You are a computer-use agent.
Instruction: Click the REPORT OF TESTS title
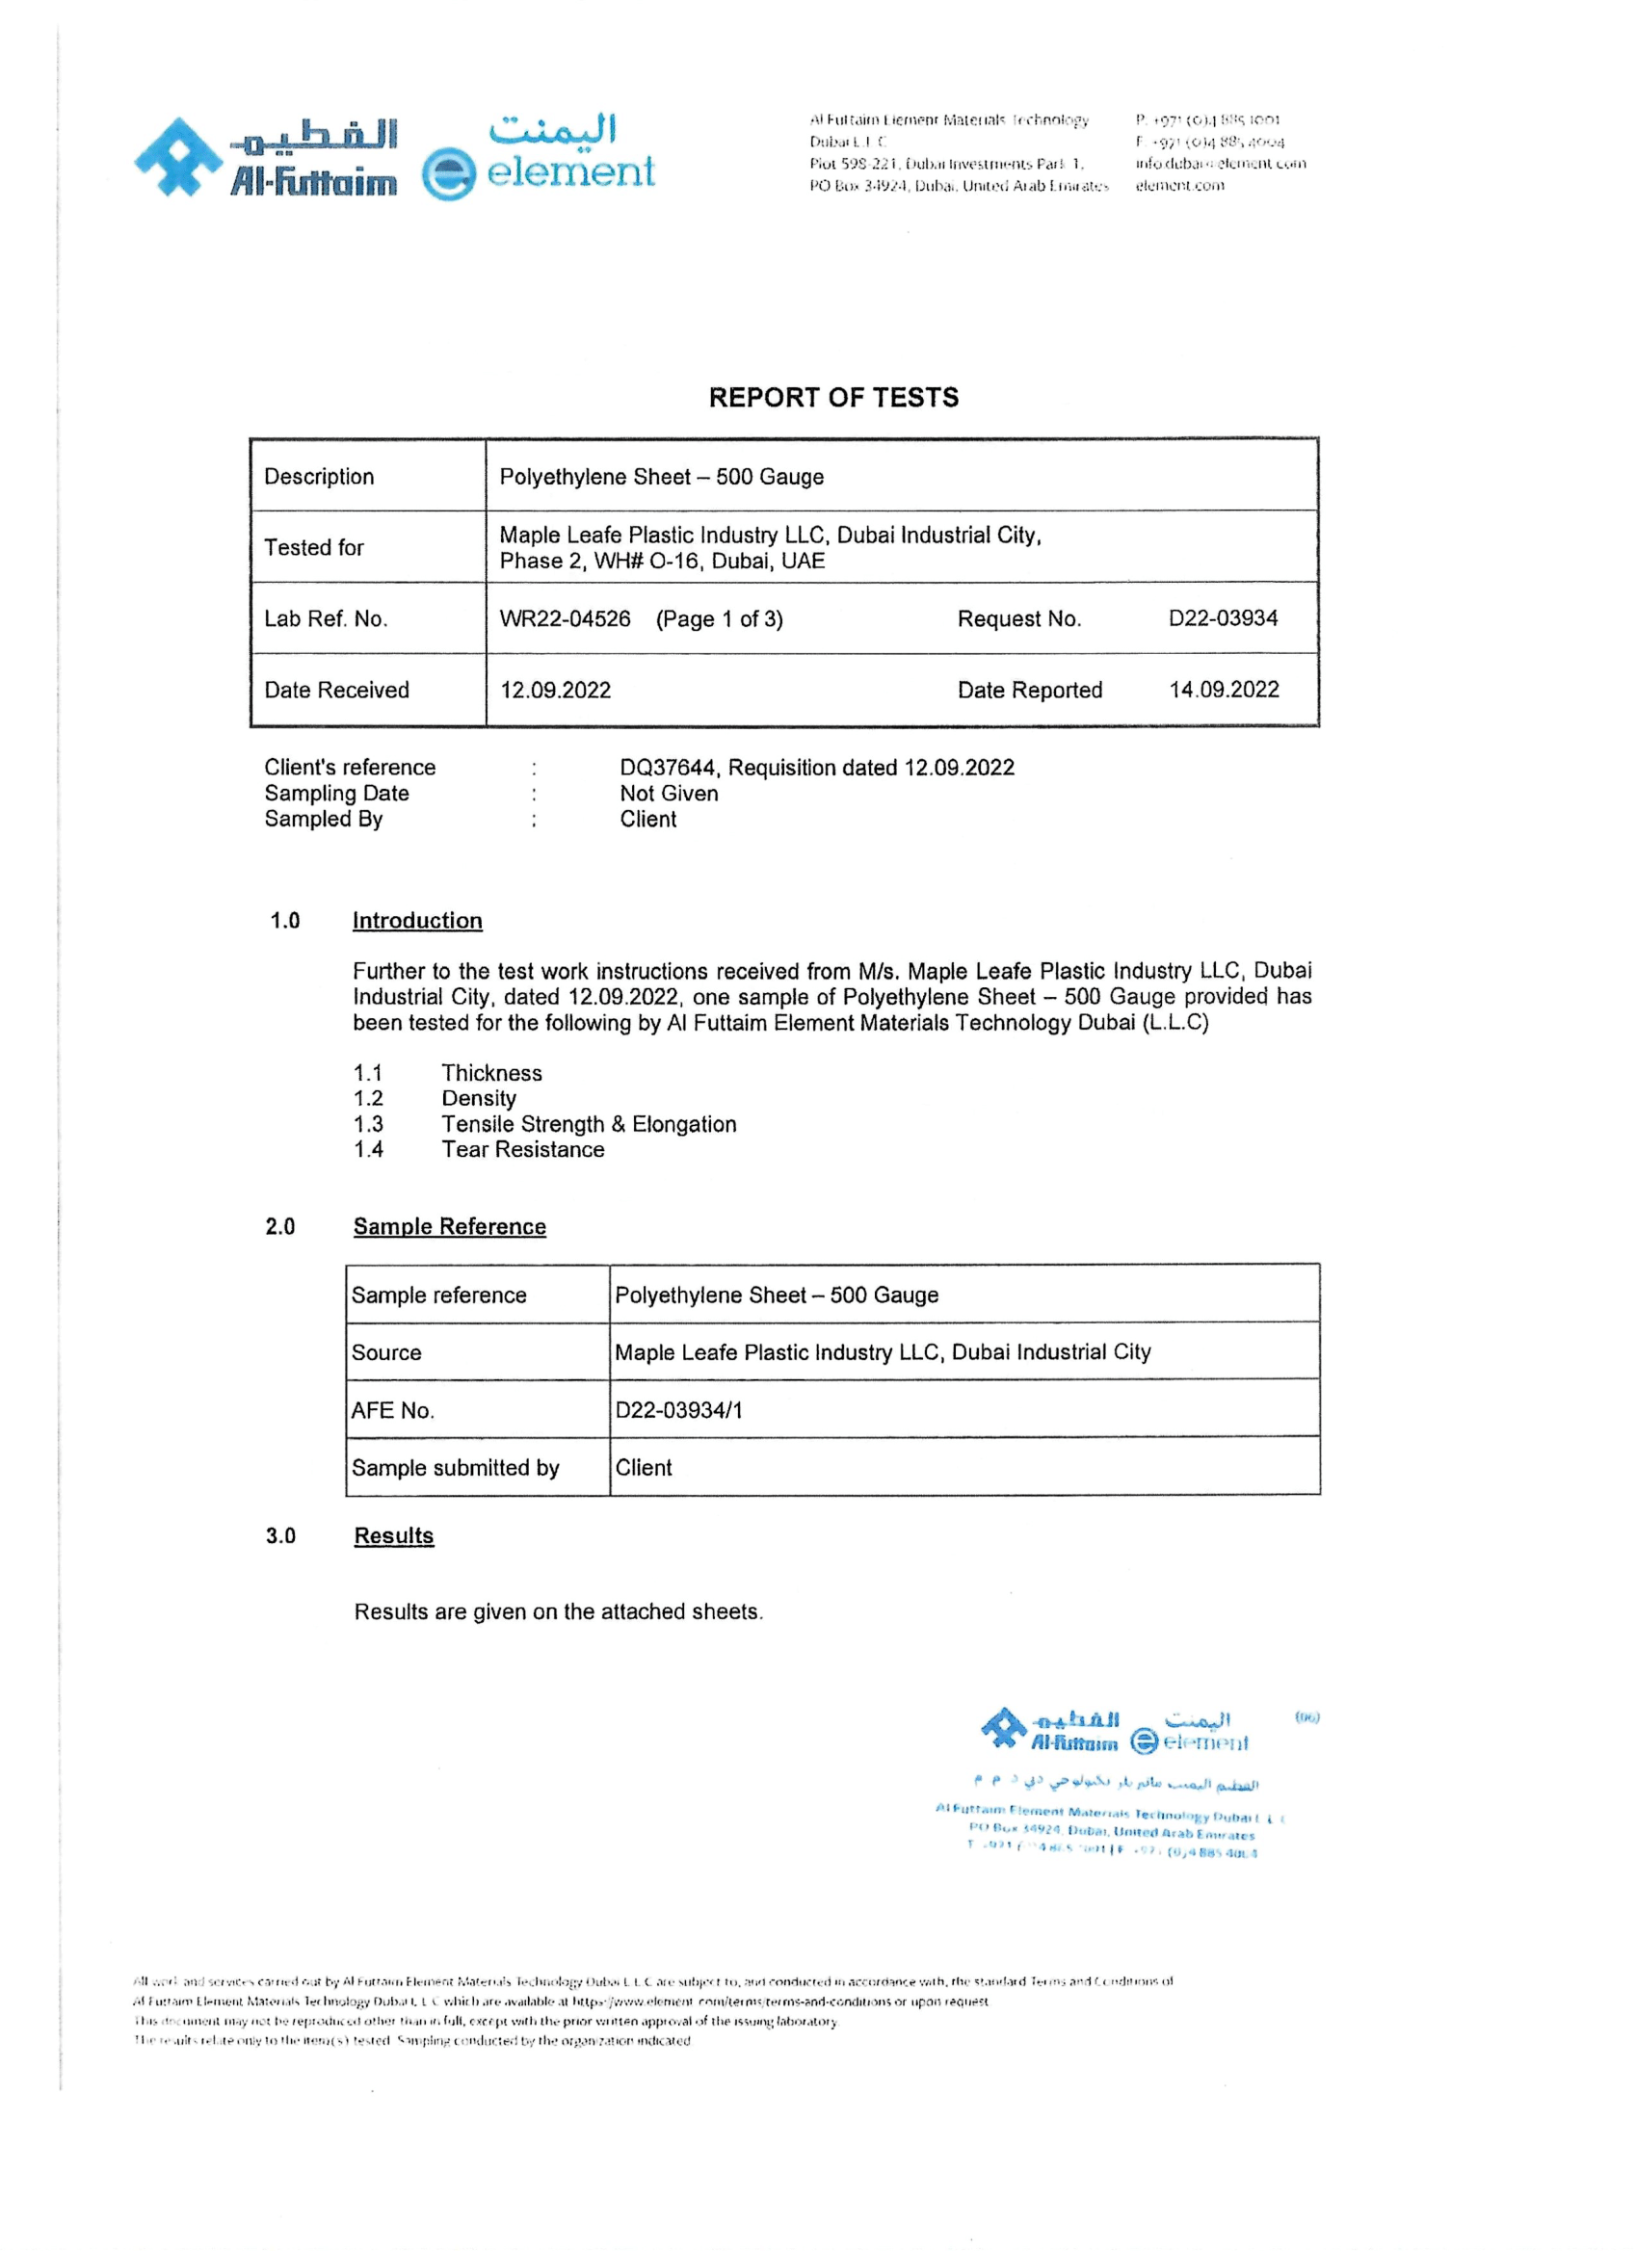pyautogui.click(x=832, y=398)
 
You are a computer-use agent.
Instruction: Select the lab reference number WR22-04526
pyautogui.click(x=564, y=619)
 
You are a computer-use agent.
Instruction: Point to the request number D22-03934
pyautogui.click(x=1222, y=618)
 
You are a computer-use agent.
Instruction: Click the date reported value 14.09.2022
pyautogui.click(x=1223, y=690)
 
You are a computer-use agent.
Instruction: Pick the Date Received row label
pyautogui.click(x=336, y=690)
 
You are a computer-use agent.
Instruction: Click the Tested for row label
pyautogui.click(x=314, y=548)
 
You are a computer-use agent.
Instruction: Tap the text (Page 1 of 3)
pyautogui.click(x=719, y=619)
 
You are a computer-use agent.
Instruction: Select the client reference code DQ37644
pyautogui.click(x=667, y=768)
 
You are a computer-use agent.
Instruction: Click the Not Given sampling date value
pyautogui.click(x=668, y=793)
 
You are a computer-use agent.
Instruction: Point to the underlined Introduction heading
pyautogui.click(x=417, y=921)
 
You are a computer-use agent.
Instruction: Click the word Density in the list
pyautogui.click(x=479, y=1099)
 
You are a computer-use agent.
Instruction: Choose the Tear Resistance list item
pyautogui.click(x=522, y=1149)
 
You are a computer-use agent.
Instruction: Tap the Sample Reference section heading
pyautogui.click(x=449, y=1227)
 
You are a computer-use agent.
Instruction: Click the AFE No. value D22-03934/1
pyautogui.click(x=678, y=1410)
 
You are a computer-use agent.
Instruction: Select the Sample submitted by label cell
pyautogui.click(x=455, y=1468)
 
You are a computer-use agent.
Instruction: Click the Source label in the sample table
pyautogui.click(x=386, y=1352)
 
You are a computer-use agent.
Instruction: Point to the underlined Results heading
pyautogui.click(x=394, y=1536)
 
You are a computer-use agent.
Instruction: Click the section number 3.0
pyautogui.click(x=280, y=1536)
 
